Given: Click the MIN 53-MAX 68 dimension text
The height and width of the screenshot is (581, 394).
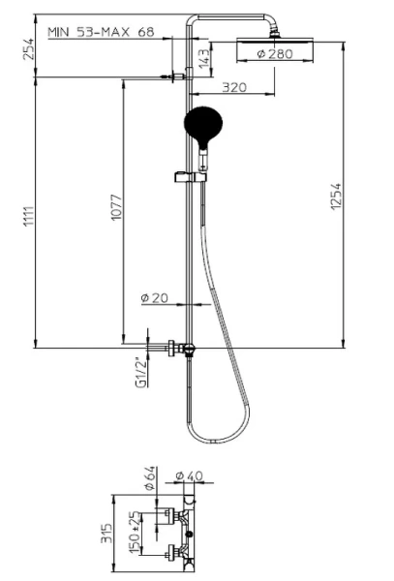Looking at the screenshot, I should click(x=102, y=32).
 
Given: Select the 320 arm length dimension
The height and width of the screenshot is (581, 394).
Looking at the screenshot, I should click(x=233, y=87).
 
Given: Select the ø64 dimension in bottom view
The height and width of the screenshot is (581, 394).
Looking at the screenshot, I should click(x=150, y=483).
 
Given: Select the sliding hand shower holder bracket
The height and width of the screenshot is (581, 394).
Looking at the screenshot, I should click(x=188, y=177).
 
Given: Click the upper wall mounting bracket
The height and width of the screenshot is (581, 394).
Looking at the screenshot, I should click(x=174, y=77).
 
